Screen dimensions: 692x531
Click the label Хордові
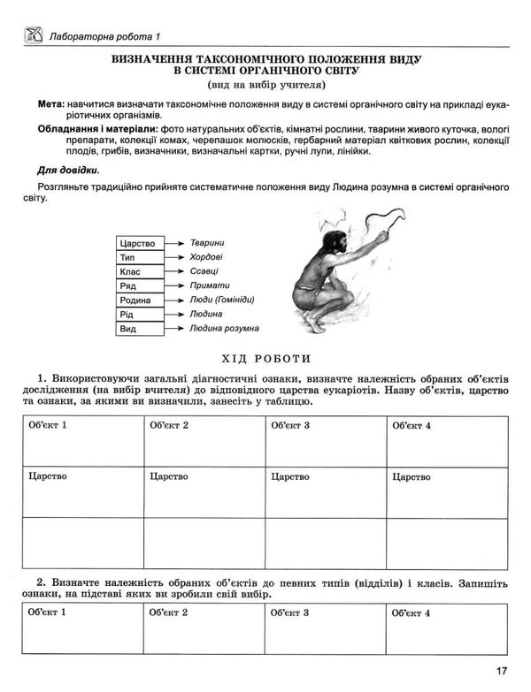(206, 257)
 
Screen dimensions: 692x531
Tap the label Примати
(209, 285)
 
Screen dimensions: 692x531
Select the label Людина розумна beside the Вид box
(224, 328)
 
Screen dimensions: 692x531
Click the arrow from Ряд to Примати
(175, 285)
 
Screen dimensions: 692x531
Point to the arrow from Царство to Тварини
(175, 243)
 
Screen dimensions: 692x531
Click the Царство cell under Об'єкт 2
(204, 491)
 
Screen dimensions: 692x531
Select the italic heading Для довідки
(68, 170)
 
